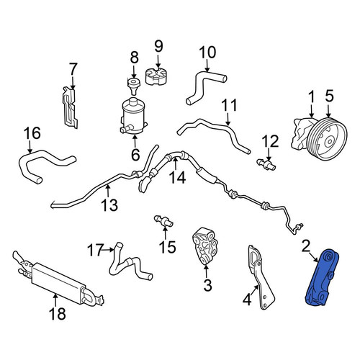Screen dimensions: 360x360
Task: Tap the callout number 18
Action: click(x=58, y=314)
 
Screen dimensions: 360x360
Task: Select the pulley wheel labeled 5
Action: click(x=328, y=141)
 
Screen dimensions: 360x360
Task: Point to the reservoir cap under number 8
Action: click(x=134, y=86)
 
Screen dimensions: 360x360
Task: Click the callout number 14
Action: click(x=177, y=178)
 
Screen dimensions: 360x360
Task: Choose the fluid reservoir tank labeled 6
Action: click(x=133, y=115)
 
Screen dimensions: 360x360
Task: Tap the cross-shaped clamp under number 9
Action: click(x=156, y=77)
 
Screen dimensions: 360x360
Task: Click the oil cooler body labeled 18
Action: click(x=59, y=283)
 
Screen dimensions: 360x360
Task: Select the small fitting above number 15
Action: click(x=163, y=221)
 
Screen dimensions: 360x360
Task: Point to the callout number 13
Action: click(x=109, y=205)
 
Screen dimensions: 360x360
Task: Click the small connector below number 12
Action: click(x=266, y=165)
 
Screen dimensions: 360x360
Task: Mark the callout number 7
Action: click(x=73, y=68)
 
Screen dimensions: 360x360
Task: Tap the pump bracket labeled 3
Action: click(x=205, y=246)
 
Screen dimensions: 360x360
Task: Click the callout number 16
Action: click(x=32, y=133)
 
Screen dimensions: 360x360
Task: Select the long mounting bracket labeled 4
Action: click(x=261, y=277)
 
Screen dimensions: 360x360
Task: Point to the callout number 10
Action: click(x=207, y=53)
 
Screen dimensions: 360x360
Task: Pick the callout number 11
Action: click(x=229, y=105)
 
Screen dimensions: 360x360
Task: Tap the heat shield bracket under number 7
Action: click(x=70, y=107)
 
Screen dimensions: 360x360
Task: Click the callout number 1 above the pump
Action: click(x=311, y=98)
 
